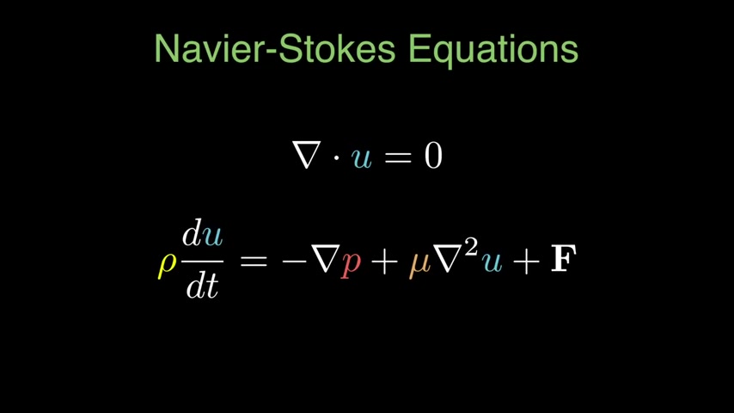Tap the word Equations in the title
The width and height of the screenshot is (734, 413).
[492, 50]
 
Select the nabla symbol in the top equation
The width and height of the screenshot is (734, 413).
[307, 156]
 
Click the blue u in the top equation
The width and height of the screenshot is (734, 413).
[362, 158]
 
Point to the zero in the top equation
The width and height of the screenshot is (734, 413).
[432, 156]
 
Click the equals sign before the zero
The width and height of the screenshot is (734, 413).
[398, 157]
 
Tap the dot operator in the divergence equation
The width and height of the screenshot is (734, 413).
[336, 157]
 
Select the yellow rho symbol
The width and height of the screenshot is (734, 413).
[167, 263]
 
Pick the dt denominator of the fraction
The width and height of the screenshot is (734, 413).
[202, 285]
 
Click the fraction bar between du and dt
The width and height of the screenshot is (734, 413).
[203, 260]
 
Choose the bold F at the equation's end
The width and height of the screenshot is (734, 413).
[563, 260]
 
